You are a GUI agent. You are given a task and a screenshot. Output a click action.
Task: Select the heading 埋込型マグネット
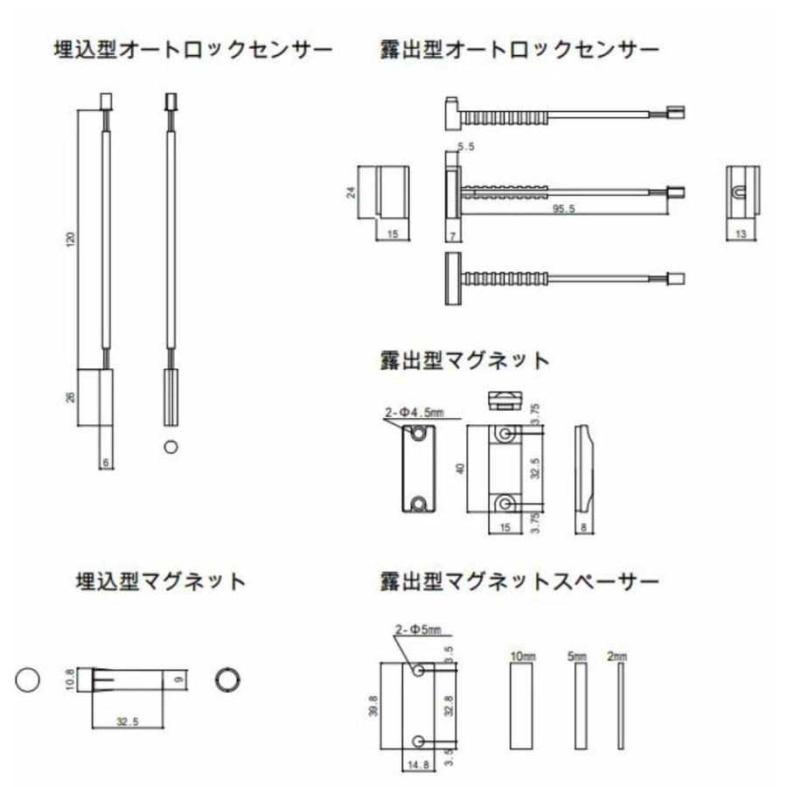(159, 582)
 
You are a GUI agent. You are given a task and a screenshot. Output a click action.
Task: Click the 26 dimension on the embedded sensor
(72, 397)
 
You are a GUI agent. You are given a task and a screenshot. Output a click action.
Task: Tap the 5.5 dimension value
(466, 148)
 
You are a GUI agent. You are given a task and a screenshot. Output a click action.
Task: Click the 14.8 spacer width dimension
(415, 766)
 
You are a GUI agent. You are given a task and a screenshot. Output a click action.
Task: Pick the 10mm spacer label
(522, 655)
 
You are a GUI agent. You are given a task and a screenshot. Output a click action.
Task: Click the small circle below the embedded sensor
(171, 447)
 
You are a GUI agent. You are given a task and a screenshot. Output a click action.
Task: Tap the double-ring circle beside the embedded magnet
(227, 679)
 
